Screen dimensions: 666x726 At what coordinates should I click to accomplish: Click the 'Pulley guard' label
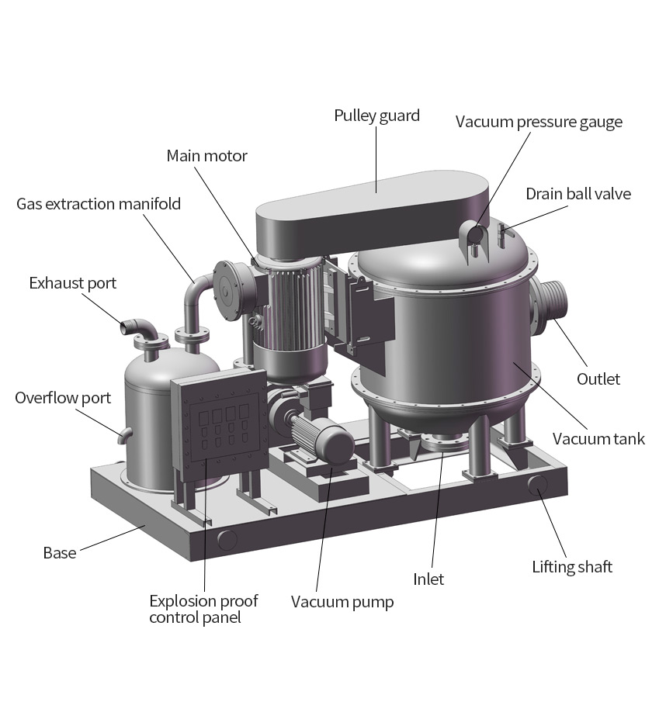pos(376,116)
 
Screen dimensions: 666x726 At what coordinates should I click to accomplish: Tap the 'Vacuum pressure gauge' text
pos(539,122)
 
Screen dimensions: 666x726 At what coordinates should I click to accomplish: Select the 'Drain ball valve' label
pos(578,194)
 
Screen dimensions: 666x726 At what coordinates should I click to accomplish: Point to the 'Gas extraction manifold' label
pos(99,204)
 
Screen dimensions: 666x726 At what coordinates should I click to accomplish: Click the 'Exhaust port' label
pos(73,283)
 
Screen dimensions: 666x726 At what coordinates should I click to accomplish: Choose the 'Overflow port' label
pos(63,398)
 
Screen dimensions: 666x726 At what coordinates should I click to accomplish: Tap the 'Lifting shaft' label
pos(572,567)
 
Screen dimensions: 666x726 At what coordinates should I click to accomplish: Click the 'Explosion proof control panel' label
pos(203,609)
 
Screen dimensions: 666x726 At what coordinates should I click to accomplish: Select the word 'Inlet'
pos(428,579)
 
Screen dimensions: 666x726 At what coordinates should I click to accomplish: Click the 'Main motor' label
pos(206,156)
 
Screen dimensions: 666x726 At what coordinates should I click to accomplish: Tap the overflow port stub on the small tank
pos(124,434)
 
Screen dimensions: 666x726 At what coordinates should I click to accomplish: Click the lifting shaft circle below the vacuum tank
pos(538,485)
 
